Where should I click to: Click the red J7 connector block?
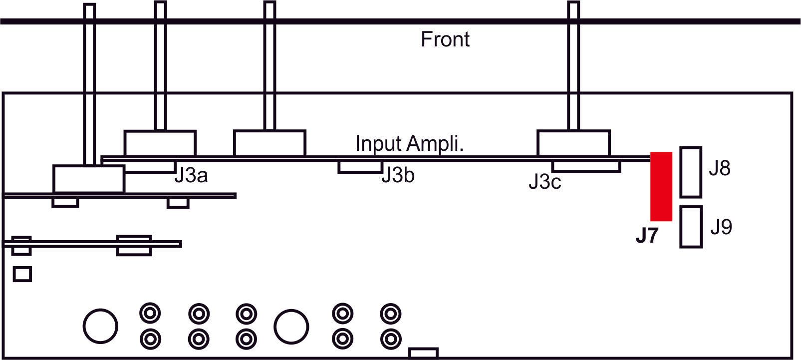tap(661, 186)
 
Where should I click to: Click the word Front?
tap(445, 39)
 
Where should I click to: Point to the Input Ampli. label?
tap(409, 143)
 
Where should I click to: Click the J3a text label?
tap(191, 176)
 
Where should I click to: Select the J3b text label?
tap(398, 175)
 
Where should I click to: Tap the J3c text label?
tap(545, 182)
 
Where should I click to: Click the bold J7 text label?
tap(647, 236)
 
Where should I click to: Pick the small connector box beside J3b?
tap(360, 167)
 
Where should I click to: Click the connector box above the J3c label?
tap(586, 167)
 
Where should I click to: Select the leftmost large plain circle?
tap(100, 326)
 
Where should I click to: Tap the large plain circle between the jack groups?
tap(291, 327)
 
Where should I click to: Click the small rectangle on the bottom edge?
tap(423, 353)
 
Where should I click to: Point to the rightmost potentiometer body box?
tap(573, 143)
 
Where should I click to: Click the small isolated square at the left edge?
tap(22, 274)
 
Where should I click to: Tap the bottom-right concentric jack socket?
tap(390, 339)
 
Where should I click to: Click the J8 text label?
tap(720, 168)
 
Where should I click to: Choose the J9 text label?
tap(721, 227)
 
